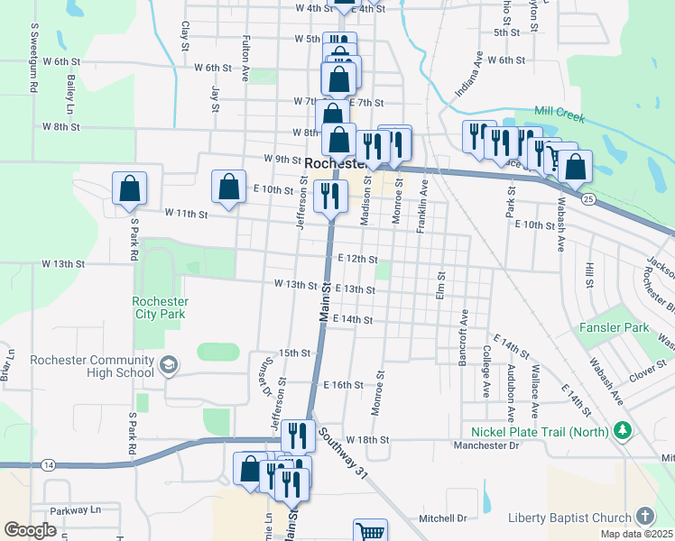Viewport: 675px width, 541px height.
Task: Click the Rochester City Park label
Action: [x=159, y=307]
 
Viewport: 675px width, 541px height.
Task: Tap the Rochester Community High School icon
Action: [x=167, y=364]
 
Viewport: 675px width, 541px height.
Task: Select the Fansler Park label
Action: [x=610, y=330]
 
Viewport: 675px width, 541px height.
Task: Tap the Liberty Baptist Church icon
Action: [x=644, y=517]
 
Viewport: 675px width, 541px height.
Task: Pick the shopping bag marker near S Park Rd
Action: [x=130, y=188]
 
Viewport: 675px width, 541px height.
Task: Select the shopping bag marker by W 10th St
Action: [x=229, y=187]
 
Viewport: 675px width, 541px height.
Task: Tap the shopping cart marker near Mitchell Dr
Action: [x=370, y=532]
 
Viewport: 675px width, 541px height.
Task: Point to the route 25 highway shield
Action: [x=588, y=197]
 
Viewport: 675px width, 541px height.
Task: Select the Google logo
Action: [x=30, y=530]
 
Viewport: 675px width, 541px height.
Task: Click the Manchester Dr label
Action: [x=486, y=445]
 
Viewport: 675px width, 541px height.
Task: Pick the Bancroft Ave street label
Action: [x=463, y=332]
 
